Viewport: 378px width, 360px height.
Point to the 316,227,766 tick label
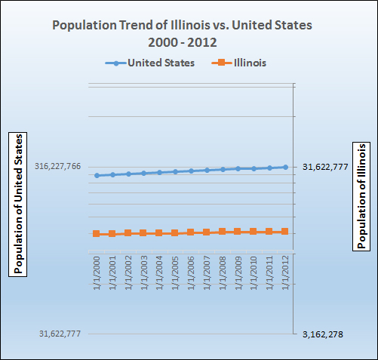tap(57, 167)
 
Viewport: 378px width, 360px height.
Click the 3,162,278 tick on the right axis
tap(322, 334)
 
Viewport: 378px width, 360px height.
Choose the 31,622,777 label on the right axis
tap(325, 167)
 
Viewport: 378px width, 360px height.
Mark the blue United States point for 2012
tap(285, 167)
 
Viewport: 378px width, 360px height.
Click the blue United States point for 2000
tap(97, 175)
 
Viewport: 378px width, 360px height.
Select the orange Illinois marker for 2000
tap(97, 234)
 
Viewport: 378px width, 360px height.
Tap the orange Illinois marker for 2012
tap(285, 232)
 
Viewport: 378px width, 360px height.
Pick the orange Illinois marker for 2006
tap(191, 232)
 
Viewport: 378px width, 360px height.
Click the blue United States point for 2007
tap(207, 170)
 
